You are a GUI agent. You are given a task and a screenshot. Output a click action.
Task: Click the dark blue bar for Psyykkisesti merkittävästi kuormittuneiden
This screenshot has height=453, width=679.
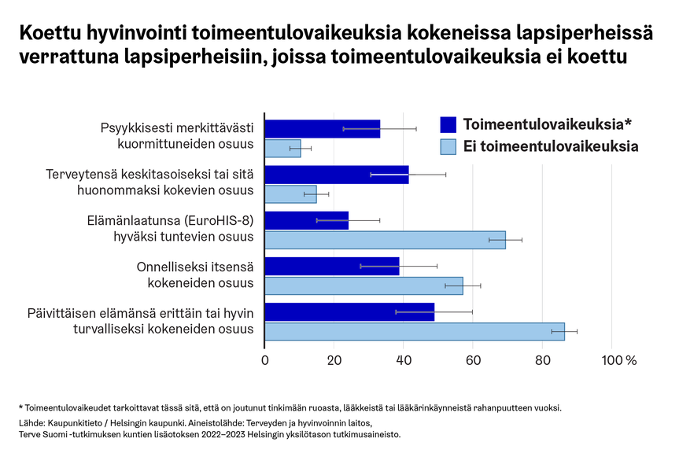pyautogui.click(x=322, y=129)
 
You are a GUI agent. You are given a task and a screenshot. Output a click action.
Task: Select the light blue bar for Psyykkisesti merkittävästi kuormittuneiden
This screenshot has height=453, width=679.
pyautogui.click(x=282, y=148)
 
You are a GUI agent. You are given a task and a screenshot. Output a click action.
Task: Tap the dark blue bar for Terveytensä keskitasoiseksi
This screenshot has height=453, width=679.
pyautogui.click(x=336, y=175)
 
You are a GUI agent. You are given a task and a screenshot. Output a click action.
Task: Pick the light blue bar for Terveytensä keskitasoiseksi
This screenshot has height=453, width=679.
pyautogui.click(x=290, y=193)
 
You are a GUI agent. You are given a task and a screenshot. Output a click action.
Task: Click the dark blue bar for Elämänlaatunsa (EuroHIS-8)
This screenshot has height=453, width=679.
pyautogui.click(x=306, y=220)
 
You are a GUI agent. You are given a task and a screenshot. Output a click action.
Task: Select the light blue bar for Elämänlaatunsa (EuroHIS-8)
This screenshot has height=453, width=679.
pyautogui.click(x=385, y=239)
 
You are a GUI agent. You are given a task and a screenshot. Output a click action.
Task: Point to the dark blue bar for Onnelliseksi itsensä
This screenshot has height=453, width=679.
pyautogui.click(x=331, y=266)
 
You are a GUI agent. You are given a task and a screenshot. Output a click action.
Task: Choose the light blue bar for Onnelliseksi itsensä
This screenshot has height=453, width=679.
pyautogui.click(x=363, y=285)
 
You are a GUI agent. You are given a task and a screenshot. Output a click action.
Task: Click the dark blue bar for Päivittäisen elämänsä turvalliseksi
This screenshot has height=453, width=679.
pyautogui.click(x=349, y=311)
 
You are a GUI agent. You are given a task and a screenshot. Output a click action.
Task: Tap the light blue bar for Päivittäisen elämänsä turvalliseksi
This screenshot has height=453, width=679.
pyautogui.click(x=414, y=331)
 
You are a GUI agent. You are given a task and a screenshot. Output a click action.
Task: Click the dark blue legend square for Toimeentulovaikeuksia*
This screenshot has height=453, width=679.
pyautogui.click(x=448, y=124)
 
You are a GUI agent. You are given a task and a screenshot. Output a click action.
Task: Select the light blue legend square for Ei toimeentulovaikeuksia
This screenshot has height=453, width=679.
pyautogui.click(x=448, y=145)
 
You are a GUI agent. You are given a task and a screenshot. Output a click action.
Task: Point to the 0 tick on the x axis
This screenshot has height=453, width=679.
pyautogui.click(x=264, y=360)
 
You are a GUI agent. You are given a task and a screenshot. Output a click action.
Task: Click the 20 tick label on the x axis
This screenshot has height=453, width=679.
pyautogui.click(x=334, y=360)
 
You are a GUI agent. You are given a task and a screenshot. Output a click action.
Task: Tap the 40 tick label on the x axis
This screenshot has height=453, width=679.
pyautogui.click(x=403, y=360)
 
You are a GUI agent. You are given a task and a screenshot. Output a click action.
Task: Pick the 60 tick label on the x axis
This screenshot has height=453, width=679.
pyautogui.click(x=472, y=360)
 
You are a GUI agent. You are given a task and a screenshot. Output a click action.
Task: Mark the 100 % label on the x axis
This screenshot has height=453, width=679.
pyautogui.click(x=618, y=360)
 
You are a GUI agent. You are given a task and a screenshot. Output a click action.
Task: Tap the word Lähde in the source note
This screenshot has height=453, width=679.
pyautogui.click(x=31, y=422)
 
